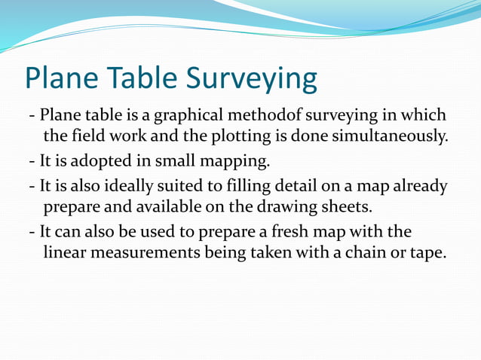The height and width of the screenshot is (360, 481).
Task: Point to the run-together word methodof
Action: [x=276, y=117]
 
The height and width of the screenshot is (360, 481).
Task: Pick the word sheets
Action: [x=348, y=206]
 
